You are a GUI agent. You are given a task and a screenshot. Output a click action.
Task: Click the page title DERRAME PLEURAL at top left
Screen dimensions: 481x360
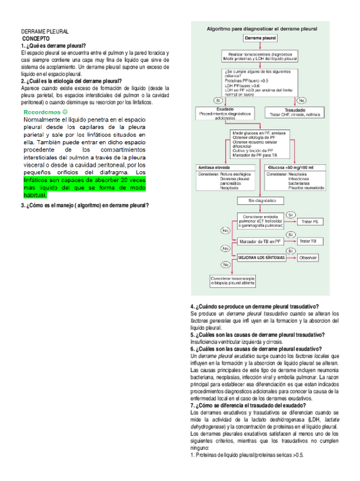45,31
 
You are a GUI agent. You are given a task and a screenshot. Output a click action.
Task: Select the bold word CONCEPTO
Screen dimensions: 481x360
36,38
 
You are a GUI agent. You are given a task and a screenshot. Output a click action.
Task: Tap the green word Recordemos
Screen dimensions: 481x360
43,112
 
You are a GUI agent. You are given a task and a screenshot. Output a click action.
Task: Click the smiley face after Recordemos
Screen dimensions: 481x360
65,112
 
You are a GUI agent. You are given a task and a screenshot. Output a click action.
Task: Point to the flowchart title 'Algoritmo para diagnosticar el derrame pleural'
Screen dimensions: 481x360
261,28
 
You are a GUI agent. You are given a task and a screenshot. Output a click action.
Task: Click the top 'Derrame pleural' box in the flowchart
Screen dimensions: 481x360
260,38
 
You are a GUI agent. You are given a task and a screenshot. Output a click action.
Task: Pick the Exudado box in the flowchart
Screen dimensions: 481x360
225,112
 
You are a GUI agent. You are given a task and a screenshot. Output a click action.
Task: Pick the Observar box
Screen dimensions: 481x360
307,257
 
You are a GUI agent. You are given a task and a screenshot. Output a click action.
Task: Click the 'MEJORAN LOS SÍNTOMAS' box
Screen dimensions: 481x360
260,257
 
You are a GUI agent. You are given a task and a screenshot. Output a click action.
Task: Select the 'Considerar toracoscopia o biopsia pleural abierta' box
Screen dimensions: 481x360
232,281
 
